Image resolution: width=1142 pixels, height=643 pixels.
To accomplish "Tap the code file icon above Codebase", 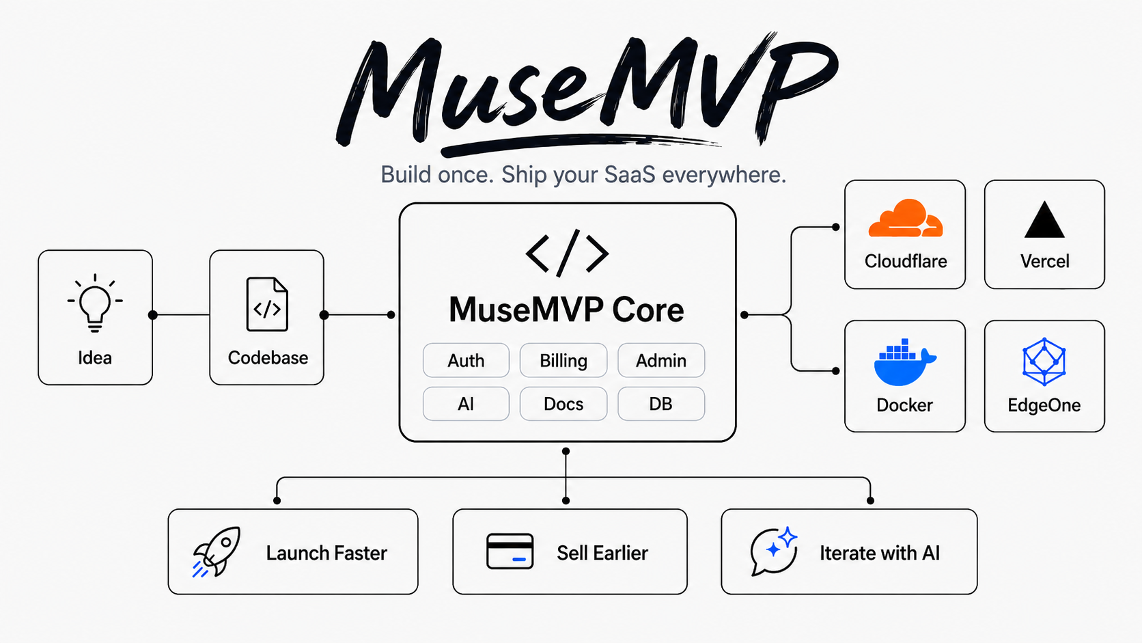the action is point(267,305).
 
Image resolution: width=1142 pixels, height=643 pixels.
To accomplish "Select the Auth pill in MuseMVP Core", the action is point(466,361).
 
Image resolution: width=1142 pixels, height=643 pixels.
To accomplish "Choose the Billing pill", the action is point(563,361).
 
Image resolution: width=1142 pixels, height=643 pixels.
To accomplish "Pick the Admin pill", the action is point(661,361).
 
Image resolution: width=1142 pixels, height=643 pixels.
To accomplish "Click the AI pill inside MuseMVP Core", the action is point(466,404).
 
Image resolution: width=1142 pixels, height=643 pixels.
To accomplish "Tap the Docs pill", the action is point(563,404).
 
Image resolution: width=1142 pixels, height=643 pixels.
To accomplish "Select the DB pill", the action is point(661,404).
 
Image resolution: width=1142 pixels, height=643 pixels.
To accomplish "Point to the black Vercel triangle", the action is point(1044,220).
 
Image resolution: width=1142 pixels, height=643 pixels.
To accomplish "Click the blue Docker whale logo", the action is point(904,361).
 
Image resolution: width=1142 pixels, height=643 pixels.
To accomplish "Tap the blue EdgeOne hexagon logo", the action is point(1044,361).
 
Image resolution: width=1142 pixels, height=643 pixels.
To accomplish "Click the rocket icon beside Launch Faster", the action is point(216,551).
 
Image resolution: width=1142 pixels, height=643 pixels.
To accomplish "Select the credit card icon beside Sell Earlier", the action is point(510,551).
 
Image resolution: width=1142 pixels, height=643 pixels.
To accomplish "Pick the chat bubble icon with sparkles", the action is point(774,551).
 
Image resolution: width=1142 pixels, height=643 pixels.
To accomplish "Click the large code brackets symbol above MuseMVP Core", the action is point(567,253).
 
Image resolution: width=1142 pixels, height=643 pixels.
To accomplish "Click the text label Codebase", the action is point(268,357).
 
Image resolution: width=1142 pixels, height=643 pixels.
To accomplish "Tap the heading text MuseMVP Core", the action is point(566,310).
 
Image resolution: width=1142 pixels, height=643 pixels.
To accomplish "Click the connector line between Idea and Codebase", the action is point(181,314).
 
